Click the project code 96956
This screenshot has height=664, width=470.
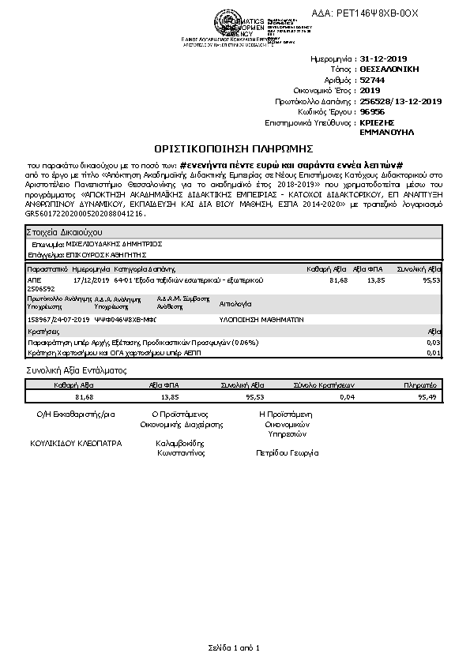click(372, 112)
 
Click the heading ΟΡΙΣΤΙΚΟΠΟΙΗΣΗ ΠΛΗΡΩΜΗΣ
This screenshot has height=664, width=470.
click(234, 148)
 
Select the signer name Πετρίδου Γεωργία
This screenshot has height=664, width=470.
click(287, 454)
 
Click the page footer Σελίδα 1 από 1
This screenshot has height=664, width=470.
click(234, 647)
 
